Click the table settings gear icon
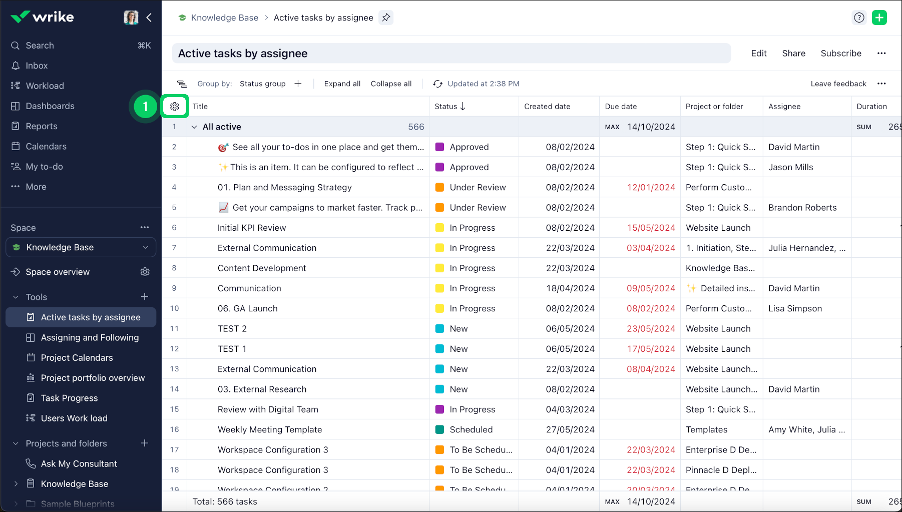175,106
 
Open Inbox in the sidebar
37,66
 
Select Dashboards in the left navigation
50,106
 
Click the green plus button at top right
879,18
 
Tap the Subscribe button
841,54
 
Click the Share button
793,54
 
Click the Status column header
446,106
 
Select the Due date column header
621,106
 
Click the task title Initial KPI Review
252,228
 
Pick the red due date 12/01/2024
651,187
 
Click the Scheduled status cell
471,429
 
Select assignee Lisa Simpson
795,308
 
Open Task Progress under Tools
69,398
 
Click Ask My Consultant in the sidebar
79,463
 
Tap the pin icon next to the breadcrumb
386,18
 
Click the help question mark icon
859,18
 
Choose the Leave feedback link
838,84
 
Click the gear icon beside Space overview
145,272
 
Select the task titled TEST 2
232,328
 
